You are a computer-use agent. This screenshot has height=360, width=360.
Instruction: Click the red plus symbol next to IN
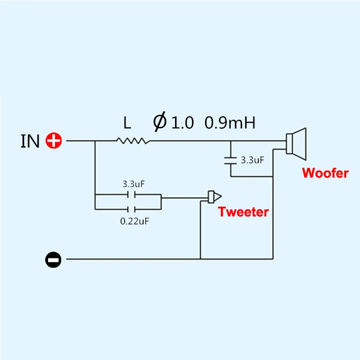pyautogui.click(x=54, y=141)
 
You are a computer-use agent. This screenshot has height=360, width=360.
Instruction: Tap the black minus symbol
pyautogui.click(x=53, y=259)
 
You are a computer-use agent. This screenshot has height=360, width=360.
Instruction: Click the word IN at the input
pyautogui.click(x=31, y=141)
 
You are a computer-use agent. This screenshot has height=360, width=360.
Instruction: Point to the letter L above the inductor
pyautogui.click(x=127, y=122)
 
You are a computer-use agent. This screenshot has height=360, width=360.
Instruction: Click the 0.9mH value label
pyautogui.click(x=230, y=122)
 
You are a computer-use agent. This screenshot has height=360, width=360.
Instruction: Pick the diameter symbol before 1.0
pyautogui.click(x=160, y=122)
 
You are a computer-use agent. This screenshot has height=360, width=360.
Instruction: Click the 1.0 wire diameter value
pyautogui.click(x=182, y=122)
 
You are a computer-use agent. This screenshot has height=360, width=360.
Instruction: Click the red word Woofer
pyautogui.click(x=325, y=173)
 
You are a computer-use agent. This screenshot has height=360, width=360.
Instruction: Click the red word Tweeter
pyautogui.click(x=243, y=212)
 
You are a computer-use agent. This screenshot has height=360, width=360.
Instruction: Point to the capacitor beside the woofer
pyautogui.click(x=230, y=159)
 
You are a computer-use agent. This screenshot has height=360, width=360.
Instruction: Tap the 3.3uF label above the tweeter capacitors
pyautogui.click(x=133, y=184)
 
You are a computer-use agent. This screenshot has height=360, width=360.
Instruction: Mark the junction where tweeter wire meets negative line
pyautogui.click(x=200, y=259)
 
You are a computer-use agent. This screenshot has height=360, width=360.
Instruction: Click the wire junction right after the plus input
pyautogui.click(x=95, y=141)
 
